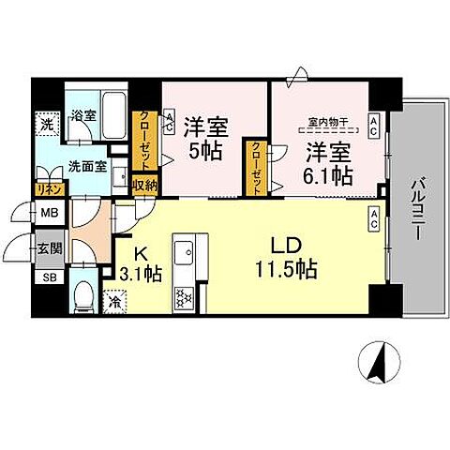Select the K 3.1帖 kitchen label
tap(141, 262)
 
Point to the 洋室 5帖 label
tap(203, 137)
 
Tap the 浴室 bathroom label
tap(84, 116)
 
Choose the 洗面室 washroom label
tap(85, 169)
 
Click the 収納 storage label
tap(143, 185)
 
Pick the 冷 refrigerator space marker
tap(113, 302)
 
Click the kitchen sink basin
tap(182, 254)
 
